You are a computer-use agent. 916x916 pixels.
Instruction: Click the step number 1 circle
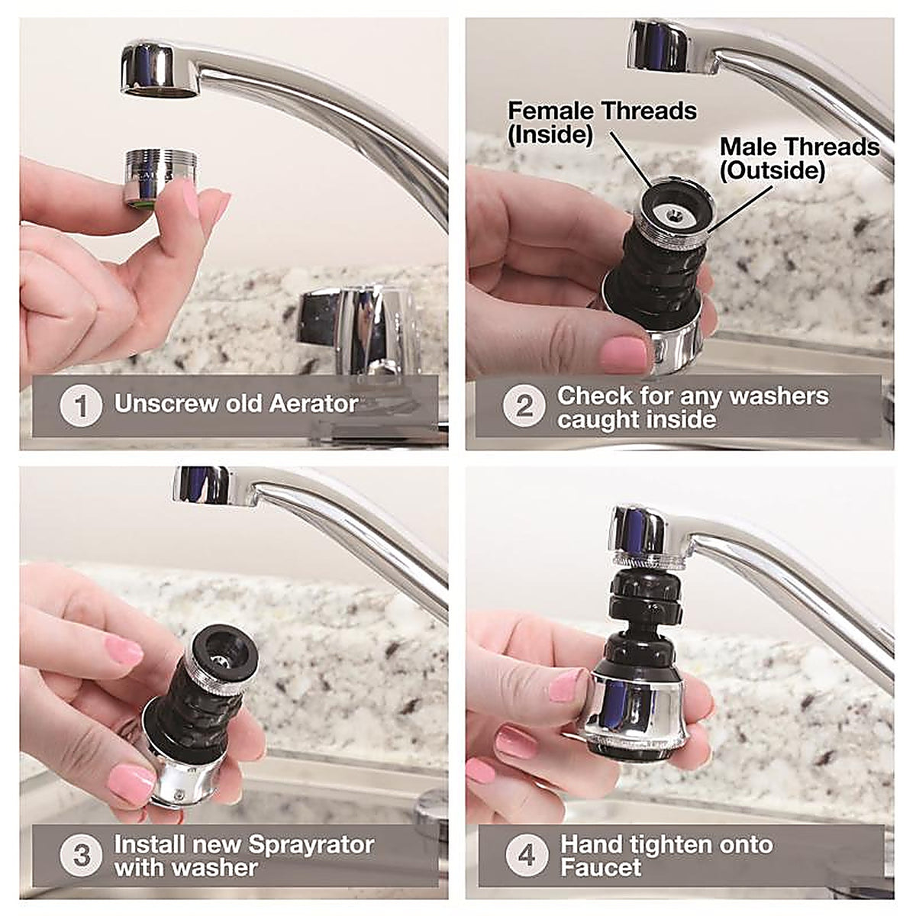point(81,406)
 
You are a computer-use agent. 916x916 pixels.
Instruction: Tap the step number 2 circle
point(524,406)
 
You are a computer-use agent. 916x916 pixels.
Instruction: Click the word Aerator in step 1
point(314,404)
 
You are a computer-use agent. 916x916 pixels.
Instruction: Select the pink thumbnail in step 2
point(624,353)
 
